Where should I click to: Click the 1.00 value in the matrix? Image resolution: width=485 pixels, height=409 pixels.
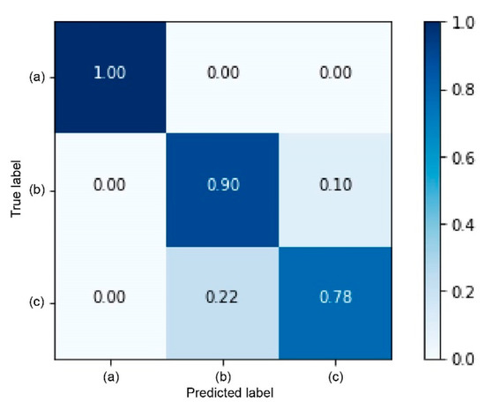[110, 78]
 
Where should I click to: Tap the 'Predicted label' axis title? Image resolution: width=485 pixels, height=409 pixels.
[224, 390]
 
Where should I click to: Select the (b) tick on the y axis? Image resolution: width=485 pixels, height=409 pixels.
[38, 190]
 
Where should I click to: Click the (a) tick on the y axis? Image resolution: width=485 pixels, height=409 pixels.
[38, 78]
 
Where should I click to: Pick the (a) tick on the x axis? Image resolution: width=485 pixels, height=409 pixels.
[110, 374]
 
